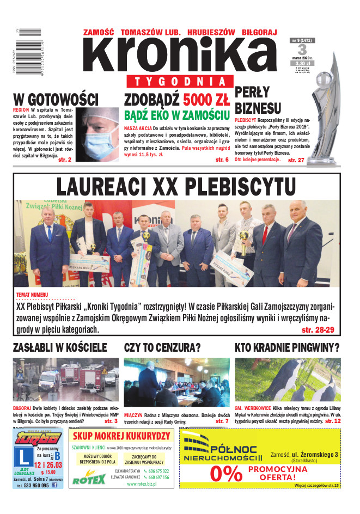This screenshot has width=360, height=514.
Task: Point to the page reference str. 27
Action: point(296,160)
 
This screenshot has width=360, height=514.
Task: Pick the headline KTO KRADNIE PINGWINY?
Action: point(287,347)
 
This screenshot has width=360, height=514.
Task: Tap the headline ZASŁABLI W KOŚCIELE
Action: point(60,347)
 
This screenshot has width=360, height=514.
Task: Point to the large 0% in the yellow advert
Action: point(225,473)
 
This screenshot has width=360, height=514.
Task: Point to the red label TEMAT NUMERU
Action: point(32,295)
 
